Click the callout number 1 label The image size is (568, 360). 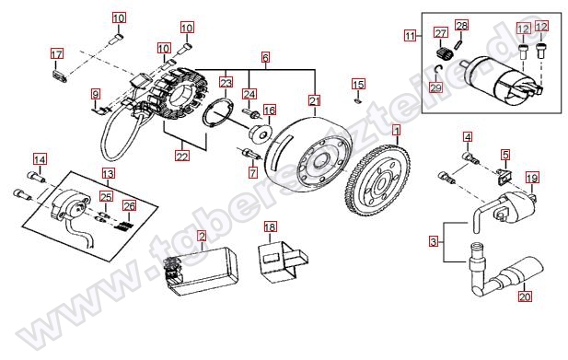point(397,131)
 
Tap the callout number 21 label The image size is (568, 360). point(315,100)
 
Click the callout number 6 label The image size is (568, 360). point(265,57)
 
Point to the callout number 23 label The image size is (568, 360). point(226,83)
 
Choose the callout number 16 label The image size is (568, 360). point(270,110)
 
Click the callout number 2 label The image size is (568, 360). point(202,236)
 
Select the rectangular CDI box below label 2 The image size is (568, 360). point(202,271)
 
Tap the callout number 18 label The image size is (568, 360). point(270,226)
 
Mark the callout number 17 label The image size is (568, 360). point(56,54)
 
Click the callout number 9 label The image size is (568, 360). point(95,95)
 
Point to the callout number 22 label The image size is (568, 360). point(182,156)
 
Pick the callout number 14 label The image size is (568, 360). point(40,159)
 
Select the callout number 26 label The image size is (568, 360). point(129,205)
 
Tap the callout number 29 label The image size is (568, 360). point(436,87)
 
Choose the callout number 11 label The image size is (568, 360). point(410,36)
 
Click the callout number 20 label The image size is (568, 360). point(525,296)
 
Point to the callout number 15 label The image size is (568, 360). point(358,85)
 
